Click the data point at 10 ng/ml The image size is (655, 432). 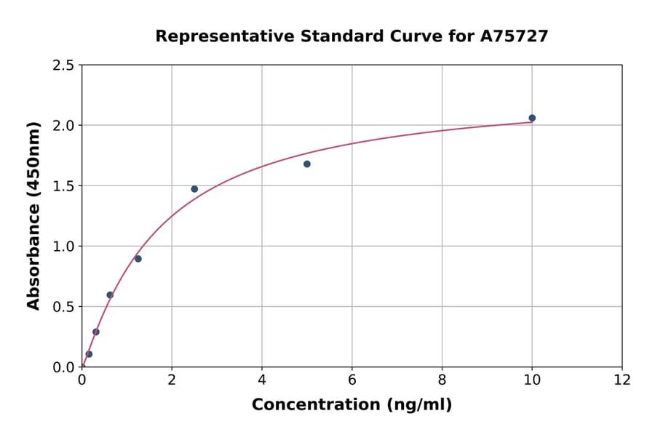[x=532, y=118]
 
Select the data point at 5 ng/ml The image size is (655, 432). [x=307, y=164]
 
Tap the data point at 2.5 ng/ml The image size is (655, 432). [x=194, y=189]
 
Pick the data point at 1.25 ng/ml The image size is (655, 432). [x=138, y=259]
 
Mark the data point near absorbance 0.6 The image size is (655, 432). [x=110, y=295]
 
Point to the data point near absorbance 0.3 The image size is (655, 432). [x=96, y=332]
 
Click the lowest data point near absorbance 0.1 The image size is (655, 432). [x=89, y=354]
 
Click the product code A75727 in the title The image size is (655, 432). [x=515, y=36]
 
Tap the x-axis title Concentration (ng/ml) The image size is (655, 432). [x=352, y=404]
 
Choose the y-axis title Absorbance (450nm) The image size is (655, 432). [x=33, y=215]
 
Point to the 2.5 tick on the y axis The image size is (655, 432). [x=63, y=65]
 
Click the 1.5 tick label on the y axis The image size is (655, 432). [x=63, y=186]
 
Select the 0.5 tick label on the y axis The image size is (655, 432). [x=63, y=307]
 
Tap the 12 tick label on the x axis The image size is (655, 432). [x=622, y=380]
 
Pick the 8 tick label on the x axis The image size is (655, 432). [x=442, y=380]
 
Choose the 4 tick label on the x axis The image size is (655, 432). [x=262, y=380]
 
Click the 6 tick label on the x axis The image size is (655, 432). [x=352, y=380]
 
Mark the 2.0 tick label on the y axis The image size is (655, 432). [x=63, y=126]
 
